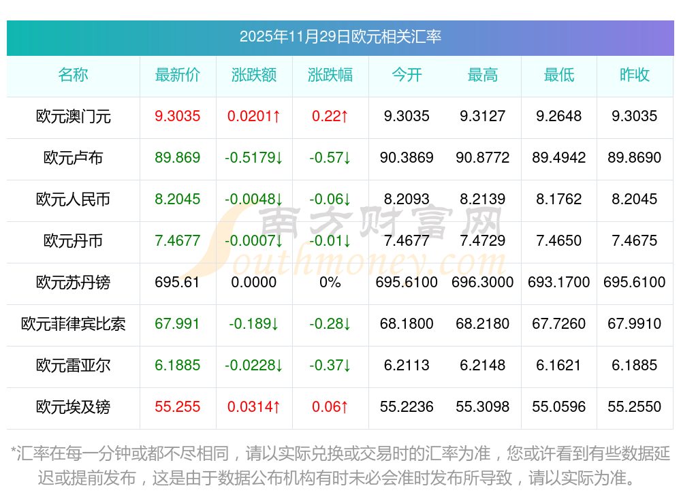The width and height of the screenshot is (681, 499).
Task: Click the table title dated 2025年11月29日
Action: click(340, 36)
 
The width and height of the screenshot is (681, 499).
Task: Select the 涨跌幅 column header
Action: click(330, 75)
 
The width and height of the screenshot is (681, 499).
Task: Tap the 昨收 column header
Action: click(635, 75)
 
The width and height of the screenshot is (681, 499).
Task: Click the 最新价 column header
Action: click(178, 75)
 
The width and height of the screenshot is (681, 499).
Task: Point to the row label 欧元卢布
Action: click(74, 158)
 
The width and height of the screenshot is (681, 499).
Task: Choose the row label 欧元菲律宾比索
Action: click(74, 324)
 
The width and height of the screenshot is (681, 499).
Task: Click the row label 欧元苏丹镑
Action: click(74, 283)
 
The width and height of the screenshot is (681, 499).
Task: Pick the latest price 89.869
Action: click(178, 158)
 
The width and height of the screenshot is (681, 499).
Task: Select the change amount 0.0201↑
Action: click(254, 116)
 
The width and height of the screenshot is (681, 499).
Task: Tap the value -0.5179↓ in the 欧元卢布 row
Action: click(254, 158)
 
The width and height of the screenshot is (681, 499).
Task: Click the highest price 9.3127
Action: click(483, 116)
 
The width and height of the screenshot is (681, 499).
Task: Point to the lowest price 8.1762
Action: click(559, 199)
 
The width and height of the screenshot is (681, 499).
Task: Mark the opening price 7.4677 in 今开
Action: click(407, 241)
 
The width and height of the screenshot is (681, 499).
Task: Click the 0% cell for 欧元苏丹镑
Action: click(330, 283)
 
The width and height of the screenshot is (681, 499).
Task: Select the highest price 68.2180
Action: click(483, 324)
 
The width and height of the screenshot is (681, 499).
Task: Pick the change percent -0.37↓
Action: click(330, 366)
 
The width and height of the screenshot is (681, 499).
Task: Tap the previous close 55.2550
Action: click(635, 407)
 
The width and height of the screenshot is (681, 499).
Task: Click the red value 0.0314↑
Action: click(254, 407)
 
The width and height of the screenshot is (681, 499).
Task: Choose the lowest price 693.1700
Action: click(559, 283)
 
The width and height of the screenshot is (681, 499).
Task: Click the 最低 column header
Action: click(559, 75)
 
